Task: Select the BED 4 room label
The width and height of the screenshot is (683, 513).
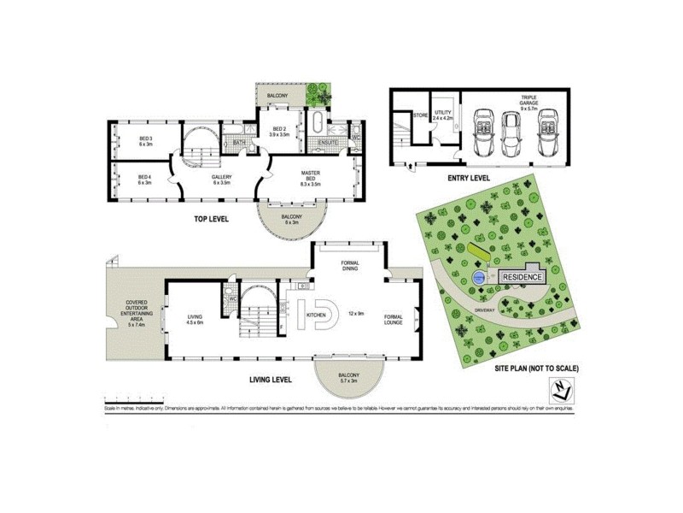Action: coord(145,179)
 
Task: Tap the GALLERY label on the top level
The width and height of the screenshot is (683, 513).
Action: coord(222,180)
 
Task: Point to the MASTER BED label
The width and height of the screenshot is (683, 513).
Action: coord(310,175)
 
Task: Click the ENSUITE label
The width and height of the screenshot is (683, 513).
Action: coord(329,142)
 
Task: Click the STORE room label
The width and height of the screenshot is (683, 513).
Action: coord(420,114)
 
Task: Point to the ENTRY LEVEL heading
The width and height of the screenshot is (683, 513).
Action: coord(468,178)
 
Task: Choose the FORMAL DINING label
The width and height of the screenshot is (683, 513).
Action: coord(349,265)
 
